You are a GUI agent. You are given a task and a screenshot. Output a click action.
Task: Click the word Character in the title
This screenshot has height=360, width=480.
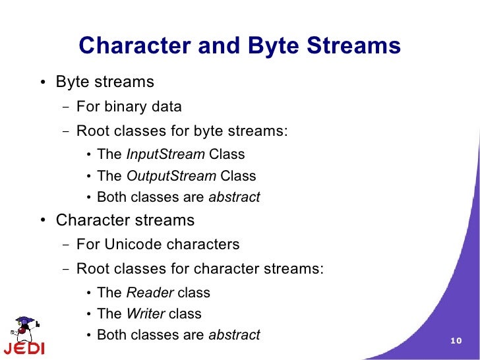coord(135,45)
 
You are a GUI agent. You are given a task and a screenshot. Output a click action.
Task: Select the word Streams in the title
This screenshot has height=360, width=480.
coord(353,45)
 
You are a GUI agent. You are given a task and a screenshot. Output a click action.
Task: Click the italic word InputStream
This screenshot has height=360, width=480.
coord(165,154)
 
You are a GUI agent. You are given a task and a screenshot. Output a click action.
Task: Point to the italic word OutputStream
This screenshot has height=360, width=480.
coord(171,175)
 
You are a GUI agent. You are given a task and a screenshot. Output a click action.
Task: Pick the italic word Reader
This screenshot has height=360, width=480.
coord(150,292)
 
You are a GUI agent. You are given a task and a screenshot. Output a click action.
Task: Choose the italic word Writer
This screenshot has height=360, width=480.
coord(146,313)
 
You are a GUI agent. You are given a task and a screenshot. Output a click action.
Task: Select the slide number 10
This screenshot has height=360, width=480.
coord(456,340)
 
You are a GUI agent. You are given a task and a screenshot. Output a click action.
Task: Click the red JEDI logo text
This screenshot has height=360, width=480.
coord(24,348)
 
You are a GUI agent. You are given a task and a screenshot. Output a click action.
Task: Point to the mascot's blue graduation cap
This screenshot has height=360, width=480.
coord(25,320)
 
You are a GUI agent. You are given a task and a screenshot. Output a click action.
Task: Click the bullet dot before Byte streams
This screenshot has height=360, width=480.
coord(43,82)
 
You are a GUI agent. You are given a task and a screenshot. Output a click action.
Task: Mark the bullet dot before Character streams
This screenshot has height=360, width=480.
coord(43,220)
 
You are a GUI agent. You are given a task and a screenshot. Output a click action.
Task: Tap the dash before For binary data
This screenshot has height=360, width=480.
coord(65,107)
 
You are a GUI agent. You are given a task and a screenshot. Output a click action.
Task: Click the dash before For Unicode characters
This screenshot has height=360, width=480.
coord(65,245)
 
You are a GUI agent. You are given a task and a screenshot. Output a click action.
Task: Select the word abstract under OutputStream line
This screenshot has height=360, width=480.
coord(234,197)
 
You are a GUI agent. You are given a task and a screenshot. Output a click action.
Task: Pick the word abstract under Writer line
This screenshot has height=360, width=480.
coord(234,334)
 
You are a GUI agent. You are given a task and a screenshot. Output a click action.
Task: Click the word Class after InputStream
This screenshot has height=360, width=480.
coord(227,154)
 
